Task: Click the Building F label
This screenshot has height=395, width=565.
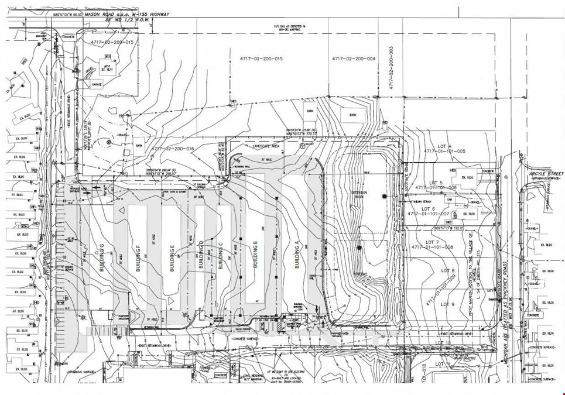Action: pyautogui.click(x=139, y=259)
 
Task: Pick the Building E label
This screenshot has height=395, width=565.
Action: pyautogui.click(x=172, y=260)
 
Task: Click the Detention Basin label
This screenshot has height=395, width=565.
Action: pyautogui.click(x=359, y=193)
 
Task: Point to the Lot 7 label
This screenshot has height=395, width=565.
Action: pyautogui.click(x=433, y=242)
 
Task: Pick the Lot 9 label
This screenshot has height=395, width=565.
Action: pyautogui.click(x=448, y=304)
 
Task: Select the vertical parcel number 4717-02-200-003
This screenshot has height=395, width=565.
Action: pyautogui.click(x=390, y=67)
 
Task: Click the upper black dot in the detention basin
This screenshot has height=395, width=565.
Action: pyautogui.click(x=384, y=196)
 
